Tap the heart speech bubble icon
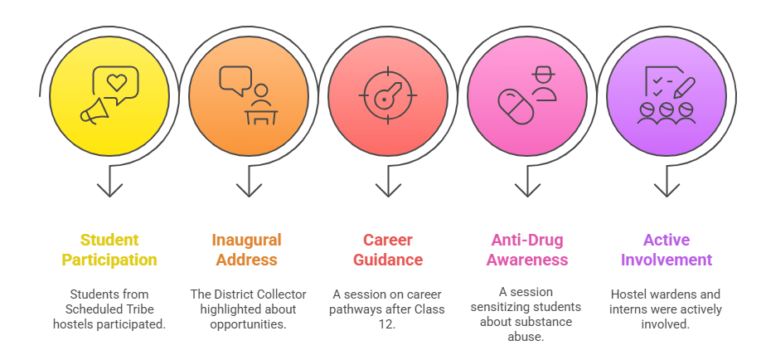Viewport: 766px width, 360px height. click(x=116, y=83)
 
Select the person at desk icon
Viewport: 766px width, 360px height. click(x=261, y=105)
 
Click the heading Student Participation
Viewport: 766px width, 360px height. click(x=109, y=250)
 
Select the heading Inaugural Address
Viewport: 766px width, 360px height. click(x=247, y=250)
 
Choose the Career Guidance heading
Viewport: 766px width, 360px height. click(x=388, y=250)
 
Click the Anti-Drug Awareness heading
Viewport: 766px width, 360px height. click(x=527, y=250)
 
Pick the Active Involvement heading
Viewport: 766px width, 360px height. click(x=667, y=250)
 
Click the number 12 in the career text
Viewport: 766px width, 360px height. click(x=388, y=324)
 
